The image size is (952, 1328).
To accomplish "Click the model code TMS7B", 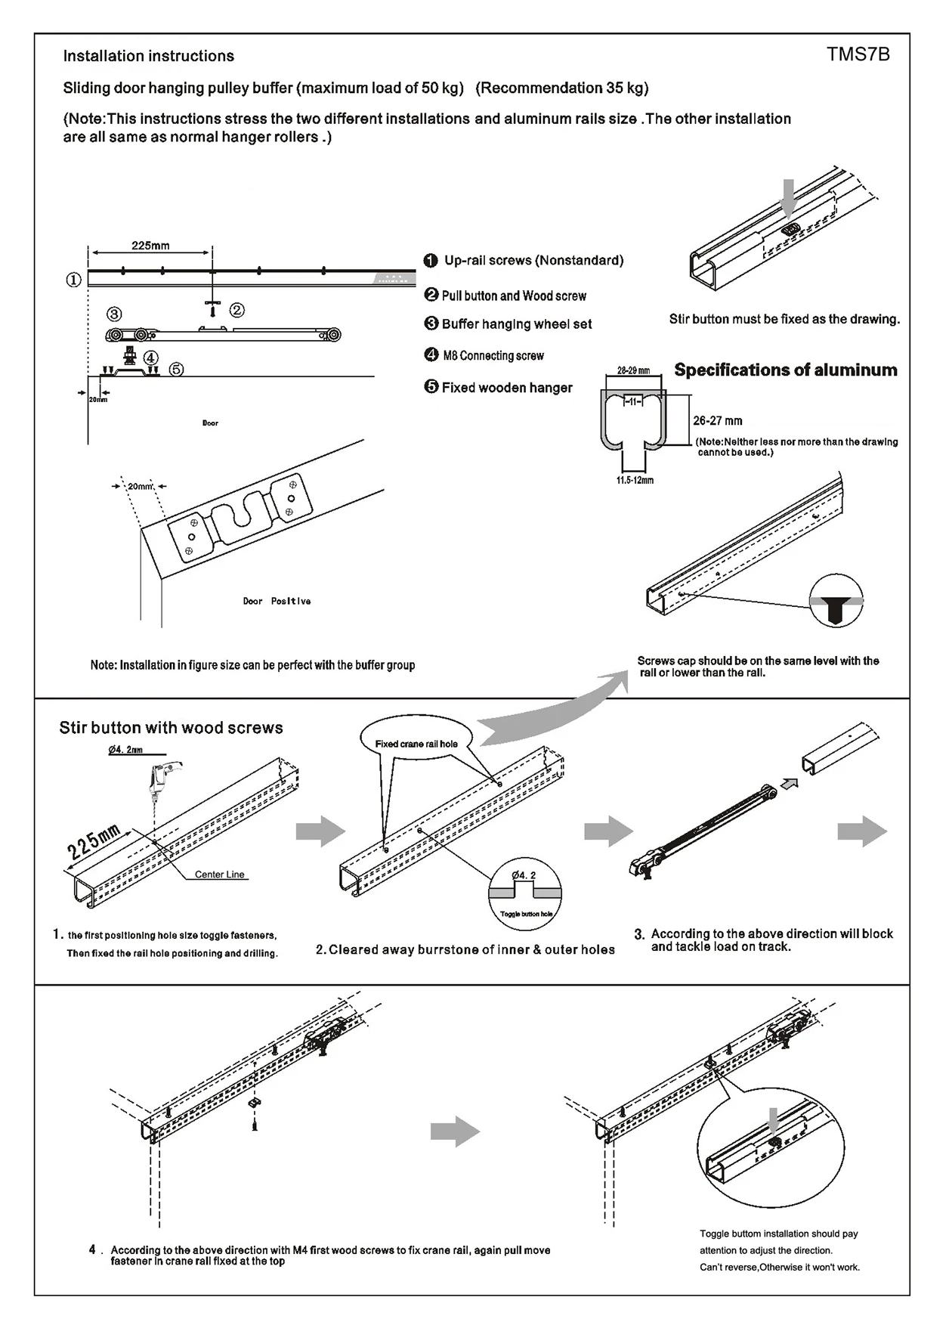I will point(858,54).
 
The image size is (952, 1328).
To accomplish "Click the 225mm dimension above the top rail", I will point(150,246).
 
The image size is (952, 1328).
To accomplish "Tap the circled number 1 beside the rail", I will point(73,280).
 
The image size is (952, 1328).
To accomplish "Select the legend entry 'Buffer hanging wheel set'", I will point(516,324).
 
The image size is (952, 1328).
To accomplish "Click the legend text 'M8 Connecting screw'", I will point(493,355).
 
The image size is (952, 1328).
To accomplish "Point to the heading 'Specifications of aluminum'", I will point(785,370).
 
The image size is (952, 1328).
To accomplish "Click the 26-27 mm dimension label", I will point(717,421).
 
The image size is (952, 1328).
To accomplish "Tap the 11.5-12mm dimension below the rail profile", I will point(635,481).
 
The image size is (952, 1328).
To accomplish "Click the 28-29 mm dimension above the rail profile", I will point(633,371).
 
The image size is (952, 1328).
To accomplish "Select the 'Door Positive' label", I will point(277,602).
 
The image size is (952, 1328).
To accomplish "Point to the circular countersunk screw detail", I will point(836,602).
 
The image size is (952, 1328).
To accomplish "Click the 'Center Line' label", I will point(219,874).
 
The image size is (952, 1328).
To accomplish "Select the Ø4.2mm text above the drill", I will point(125,750).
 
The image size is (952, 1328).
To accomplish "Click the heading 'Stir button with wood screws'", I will point(171,728).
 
